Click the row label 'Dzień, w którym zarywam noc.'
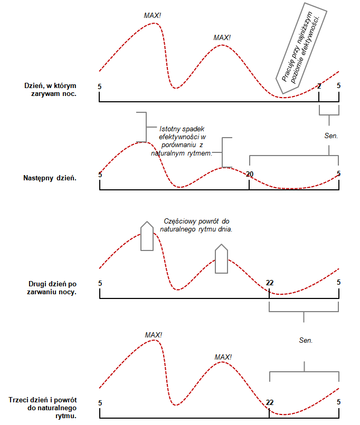50,90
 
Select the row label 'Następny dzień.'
50,178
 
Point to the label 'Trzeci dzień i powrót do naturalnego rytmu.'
44,408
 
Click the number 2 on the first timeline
319,86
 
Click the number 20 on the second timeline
250,173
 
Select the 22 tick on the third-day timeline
270,283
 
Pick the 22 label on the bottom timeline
270,402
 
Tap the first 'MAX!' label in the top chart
153,15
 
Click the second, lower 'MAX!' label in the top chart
222,38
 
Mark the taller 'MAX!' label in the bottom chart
153,335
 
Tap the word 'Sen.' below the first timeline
331,136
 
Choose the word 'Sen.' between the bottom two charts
306,341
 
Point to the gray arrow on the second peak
222,259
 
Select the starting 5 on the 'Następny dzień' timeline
100,173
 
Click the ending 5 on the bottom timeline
339,402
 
